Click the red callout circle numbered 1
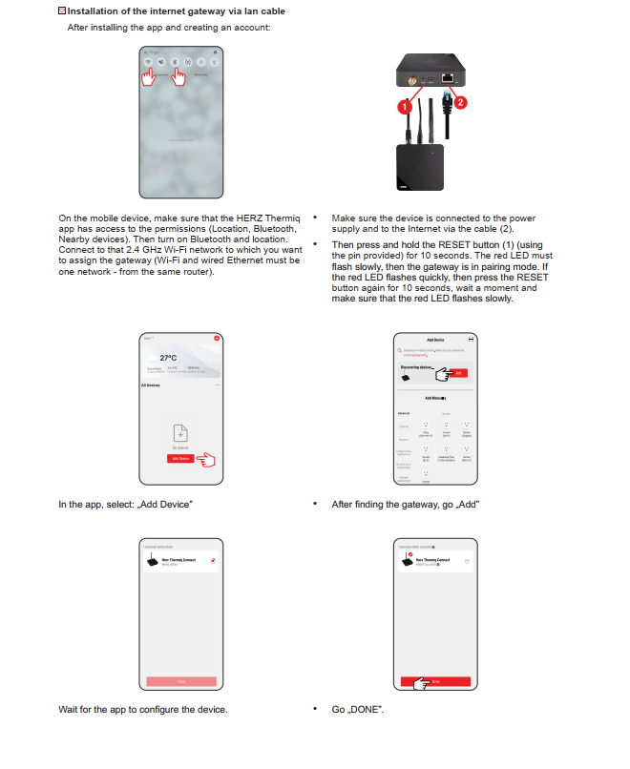[x=406, y=108]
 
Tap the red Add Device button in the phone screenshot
[x=179, y=458]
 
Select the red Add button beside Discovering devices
[x=460, y=373]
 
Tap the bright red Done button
[x=434, y=682]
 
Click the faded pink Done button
[x=180, y=682]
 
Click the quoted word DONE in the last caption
[x=369, y=710]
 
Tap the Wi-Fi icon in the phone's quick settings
[x=148, y=61]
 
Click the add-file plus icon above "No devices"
[x=180, y=432]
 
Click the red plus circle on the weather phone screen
[x=217, y=339]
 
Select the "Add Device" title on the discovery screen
[x=434, y=340]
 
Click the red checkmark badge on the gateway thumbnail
[x=409, y=555]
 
